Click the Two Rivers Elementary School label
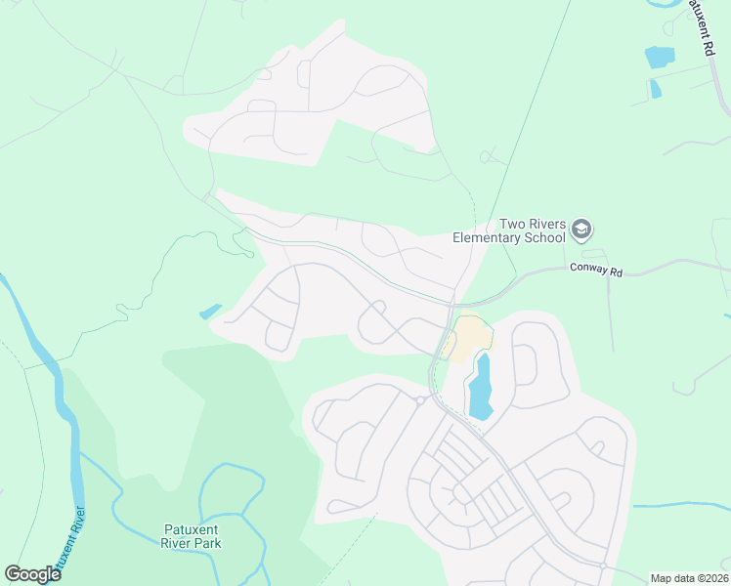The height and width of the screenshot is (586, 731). coord(508,230)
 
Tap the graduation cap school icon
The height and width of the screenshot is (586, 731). coord(581,230)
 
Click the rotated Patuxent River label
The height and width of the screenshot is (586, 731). coord(67,542)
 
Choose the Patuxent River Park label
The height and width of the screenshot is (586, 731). coord(192,536)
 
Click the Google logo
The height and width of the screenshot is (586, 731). coord(32,574)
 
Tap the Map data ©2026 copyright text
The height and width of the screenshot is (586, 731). coord(689,578)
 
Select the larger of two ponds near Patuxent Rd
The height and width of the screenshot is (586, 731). coord(660,57)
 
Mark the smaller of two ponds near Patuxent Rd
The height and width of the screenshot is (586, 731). coord(655,89)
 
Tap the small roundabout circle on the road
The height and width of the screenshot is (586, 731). coord(419,399)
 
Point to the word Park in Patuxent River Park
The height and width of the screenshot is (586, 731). coord(206,543)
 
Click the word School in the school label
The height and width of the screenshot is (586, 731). coord(546,237)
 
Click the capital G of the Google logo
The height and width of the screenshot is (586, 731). coord(12,573)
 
